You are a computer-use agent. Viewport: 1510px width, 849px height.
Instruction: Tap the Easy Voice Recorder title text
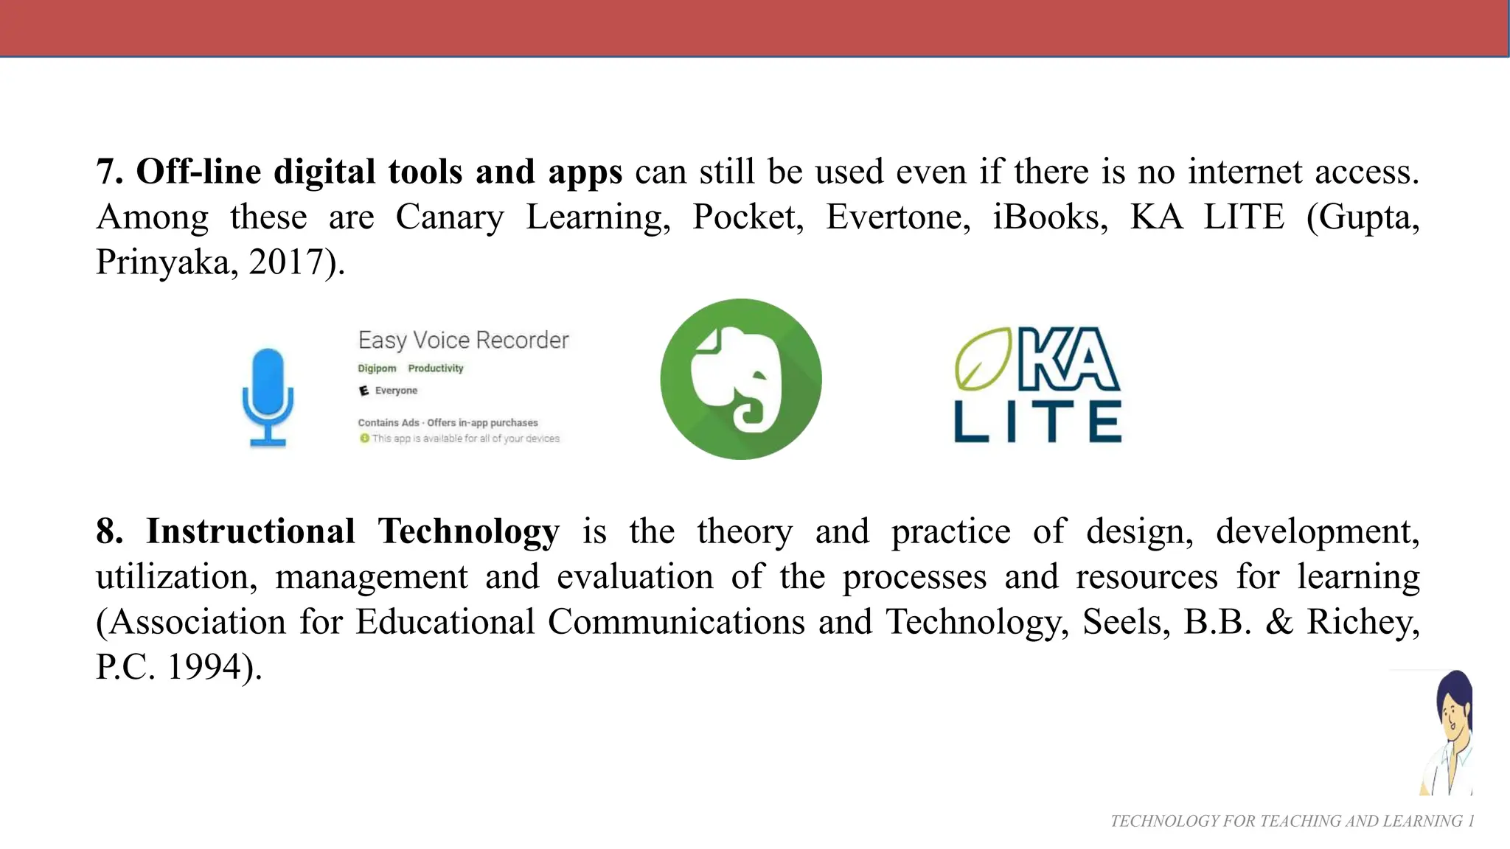point(463,340)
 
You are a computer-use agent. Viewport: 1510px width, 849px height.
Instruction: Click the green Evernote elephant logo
point(740,379)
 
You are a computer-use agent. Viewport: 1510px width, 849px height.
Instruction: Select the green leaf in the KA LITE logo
point(983,359)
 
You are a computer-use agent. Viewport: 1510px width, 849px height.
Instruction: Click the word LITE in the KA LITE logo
point(1037,422)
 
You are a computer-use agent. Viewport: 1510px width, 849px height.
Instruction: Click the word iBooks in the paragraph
point(1049,217)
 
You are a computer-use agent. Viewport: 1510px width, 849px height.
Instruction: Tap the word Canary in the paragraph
point(450,217)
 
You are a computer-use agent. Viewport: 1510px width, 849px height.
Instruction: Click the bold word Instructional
point(251,531)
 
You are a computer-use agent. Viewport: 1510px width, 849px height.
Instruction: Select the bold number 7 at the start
point(108,172)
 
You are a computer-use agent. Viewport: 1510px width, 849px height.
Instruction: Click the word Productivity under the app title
point(436,368)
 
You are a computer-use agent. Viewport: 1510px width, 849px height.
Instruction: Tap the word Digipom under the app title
point(377,368)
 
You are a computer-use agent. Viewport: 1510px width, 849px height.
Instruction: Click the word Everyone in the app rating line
point(396,391)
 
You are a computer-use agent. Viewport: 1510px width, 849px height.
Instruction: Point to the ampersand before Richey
point(1279,622)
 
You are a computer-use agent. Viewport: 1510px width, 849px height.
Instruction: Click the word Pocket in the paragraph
point(747,217)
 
